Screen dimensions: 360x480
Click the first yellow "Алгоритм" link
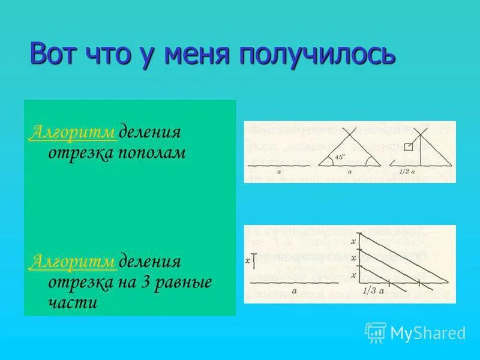pyautogui.click(x=73, y=131)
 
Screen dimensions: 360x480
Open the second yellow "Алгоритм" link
pyautogui.click(x=73, y=262)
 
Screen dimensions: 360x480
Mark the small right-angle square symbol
pyautogui.click(x=408, y=147)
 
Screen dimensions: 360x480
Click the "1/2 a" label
pyautogui.click(x=410, y=172)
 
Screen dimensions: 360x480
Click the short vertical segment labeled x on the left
pyautogui.click(x=254, y=260)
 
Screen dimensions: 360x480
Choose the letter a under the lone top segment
pyautogui.click(x=279, y=172)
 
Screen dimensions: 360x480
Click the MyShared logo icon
pyautogui.click(x=376, y=332)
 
